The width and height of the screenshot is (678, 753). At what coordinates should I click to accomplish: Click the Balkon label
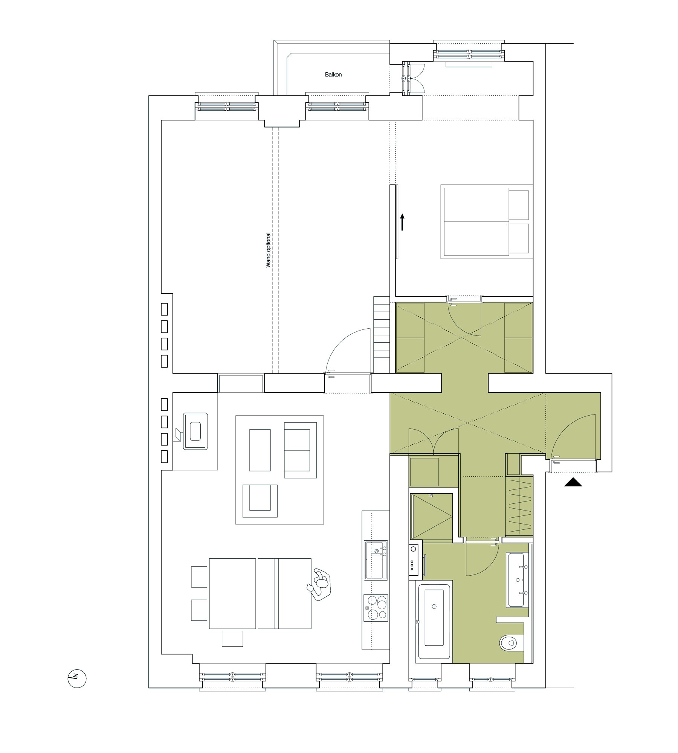point(333,75)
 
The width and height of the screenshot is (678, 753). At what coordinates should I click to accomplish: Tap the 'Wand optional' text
point(268,250)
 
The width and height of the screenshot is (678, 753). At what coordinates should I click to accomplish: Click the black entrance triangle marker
point(573,482)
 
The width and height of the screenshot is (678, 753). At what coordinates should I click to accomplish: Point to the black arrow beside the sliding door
point(402,222)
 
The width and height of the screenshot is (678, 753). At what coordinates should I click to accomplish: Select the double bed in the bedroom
point(486,221)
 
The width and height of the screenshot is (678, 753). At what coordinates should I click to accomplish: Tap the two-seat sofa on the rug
point(300,450)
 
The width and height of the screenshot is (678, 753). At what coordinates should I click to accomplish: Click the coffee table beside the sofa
point(260,450)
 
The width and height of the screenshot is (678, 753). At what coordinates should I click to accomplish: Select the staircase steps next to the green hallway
point(382,334)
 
